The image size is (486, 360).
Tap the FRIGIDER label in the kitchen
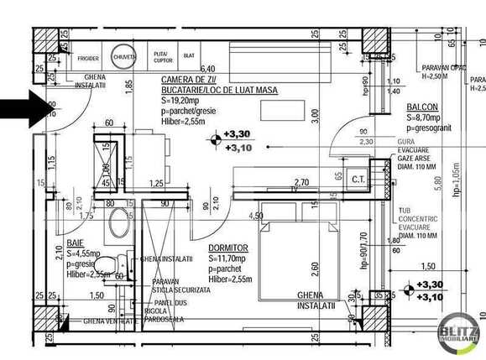tap(89, 59)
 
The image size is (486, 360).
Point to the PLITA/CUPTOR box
tap(162, 56)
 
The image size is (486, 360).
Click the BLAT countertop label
tap(189, 55)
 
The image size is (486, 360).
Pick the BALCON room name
tap(423, 108)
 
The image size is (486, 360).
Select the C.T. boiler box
tap(358, 179)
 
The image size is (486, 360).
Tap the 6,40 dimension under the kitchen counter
tap(208, 69)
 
